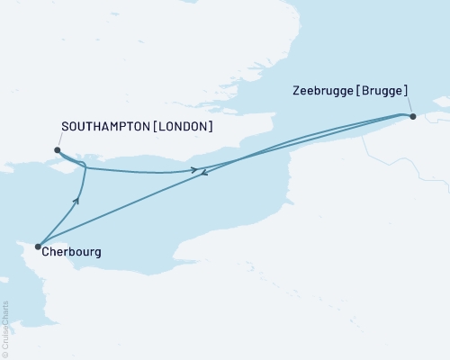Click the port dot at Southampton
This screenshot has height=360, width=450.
(57, 150)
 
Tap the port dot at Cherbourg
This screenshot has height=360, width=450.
(38, 246)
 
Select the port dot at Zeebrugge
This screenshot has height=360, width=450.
(412, 115)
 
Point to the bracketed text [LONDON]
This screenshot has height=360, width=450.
(184, 128)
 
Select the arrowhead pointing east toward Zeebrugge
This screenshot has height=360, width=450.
(193, 169)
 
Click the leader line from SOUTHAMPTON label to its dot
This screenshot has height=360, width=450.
(58, 140)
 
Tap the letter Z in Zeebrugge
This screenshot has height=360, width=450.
(297, 91)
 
